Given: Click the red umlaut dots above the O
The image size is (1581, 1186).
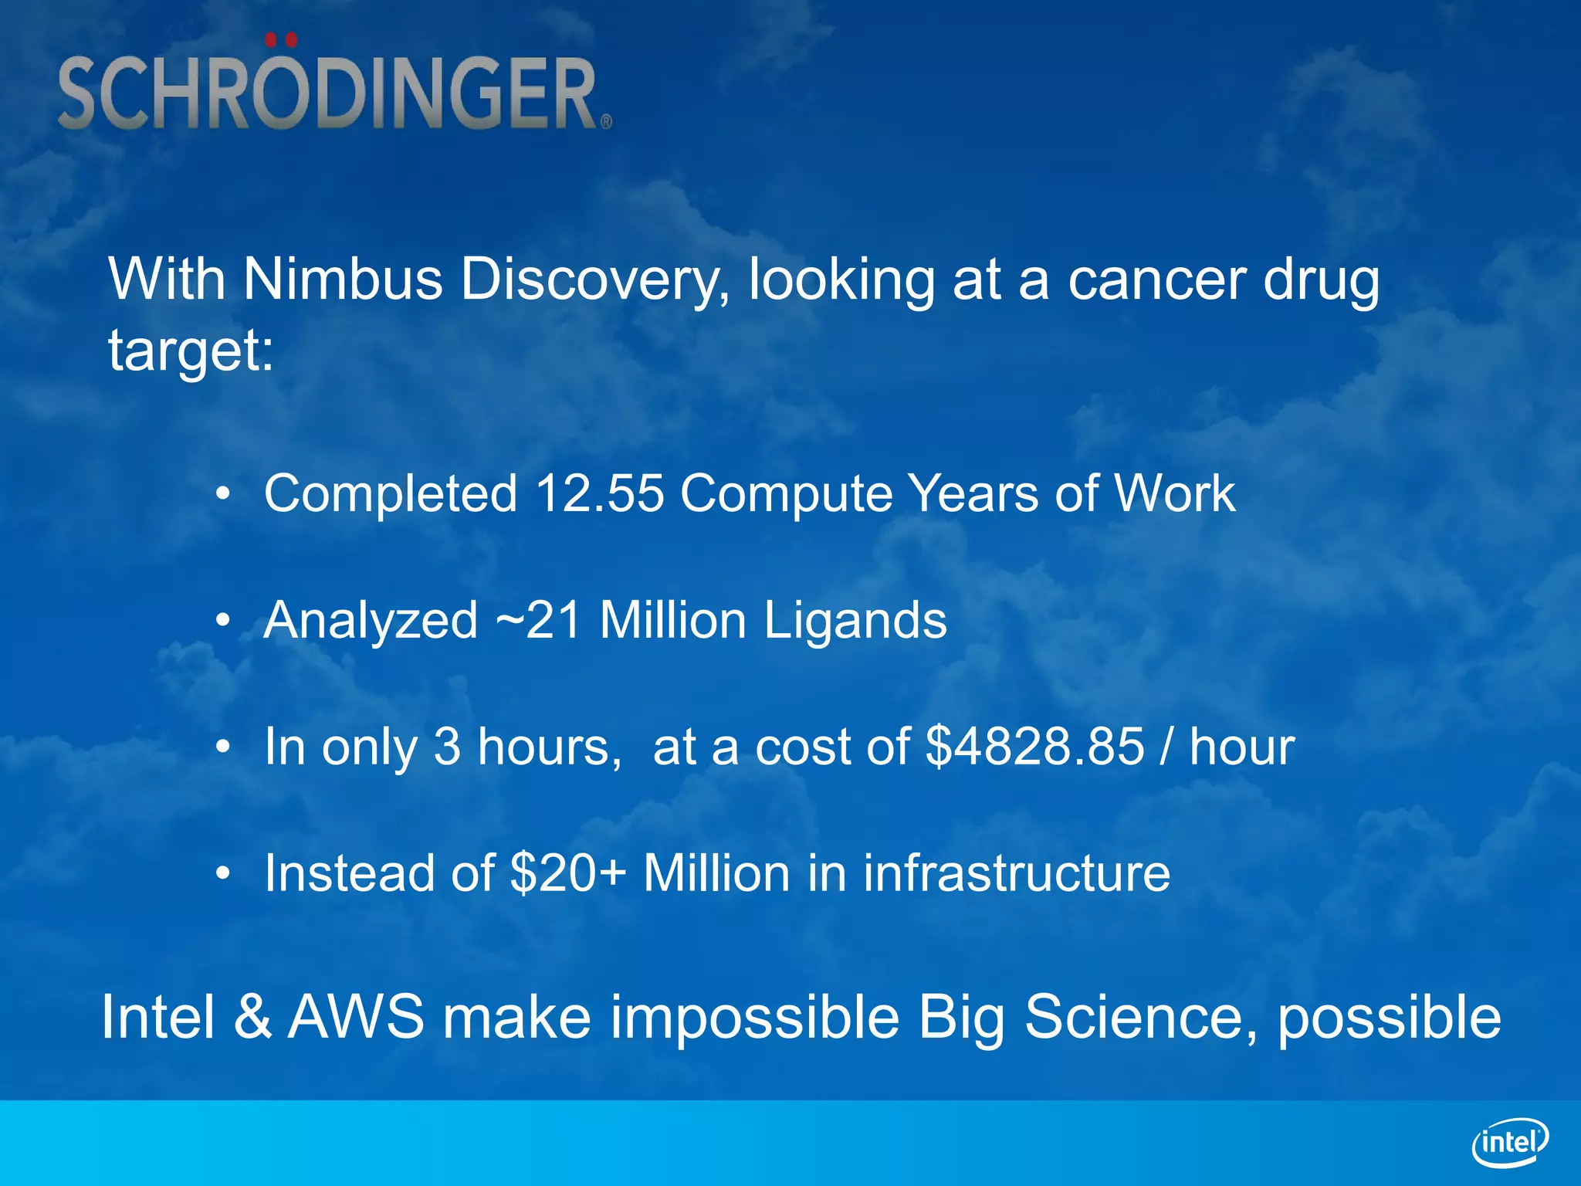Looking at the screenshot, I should point(280,39).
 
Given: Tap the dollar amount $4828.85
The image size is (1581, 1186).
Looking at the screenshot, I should point(1034,747).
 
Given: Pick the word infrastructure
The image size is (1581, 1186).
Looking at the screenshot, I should point(1016,873).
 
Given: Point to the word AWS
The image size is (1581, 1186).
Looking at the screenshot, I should point(356,1017).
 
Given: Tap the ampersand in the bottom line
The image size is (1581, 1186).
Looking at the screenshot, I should point(252,1017).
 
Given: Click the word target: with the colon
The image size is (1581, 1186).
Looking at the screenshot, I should point(191,351).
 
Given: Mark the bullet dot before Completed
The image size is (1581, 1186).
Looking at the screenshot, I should point(223,494).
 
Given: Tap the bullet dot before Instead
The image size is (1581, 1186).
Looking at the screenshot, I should point(223,874).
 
